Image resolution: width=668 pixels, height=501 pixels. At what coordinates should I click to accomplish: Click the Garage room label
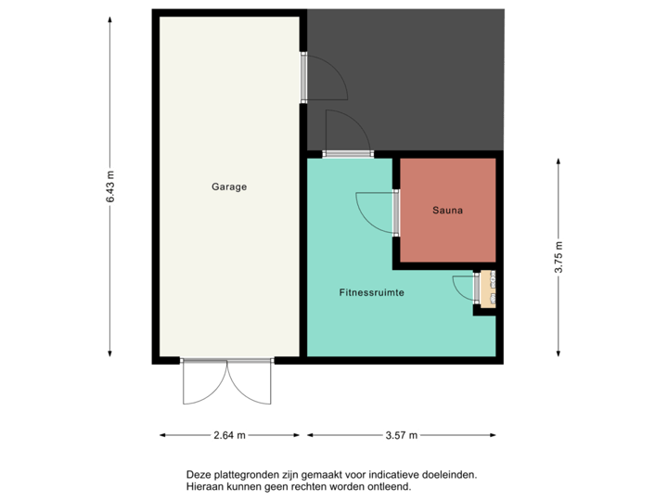[x=229, y=186]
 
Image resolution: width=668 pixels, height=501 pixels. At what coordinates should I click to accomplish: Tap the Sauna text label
[x=447, y=211]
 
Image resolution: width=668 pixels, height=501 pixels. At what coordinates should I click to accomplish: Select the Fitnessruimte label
[x=371, y=292]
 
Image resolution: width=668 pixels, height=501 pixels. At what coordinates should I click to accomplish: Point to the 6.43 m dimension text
[x=110, y=186]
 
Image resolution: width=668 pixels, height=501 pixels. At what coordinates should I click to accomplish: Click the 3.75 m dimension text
[x=558, y=258]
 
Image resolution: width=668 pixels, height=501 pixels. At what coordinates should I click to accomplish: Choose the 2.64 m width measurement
[x=229, y=434]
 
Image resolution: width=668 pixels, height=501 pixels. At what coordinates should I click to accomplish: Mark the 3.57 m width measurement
[x=402, y=434]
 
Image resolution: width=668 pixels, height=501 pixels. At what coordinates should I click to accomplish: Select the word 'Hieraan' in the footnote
[x=204, y=485]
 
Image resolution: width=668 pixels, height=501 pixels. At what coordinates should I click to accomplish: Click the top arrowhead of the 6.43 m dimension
[x=110, y=16]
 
